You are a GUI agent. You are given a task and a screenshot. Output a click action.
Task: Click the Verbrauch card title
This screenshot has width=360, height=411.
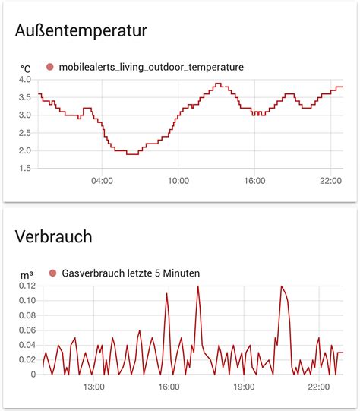(53, 236)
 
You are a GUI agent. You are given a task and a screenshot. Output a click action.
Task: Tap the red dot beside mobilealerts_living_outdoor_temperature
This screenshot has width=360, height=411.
(50, 67)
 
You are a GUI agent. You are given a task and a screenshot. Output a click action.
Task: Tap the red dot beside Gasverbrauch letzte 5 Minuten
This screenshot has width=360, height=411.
(52, 273)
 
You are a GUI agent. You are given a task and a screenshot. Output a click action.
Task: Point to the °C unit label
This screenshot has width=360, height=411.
(25, 68)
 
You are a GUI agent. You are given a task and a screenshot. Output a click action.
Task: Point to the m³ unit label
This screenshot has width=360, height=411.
(25, 274)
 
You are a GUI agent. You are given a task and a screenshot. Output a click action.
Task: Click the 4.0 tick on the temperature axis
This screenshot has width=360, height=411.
(24, 80)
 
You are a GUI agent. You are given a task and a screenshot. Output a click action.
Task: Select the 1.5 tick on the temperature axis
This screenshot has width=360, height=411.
(24, 168)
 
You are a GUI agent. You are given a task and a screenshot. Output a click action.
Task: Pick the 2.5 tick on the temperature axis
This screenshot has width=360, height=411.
(24, 133)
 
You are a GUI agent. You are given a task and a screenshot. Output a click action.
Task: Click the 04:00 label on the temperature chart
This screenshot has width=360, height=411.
(102, 181)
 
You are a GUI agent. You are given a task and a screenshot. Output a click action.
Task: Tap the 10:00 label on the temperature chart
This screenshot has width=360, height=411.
(178, 181)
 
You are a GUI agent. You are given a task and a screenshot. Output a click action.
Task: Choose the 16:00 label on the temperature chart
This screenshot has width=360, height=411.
(254, 181)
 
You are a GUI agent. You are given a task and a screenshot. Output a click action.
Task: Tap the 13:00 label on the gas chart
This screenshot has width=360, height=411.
(93, 387)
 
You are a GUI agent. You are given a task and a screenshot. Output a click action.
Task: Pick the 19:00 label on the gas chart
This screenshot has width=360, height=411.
(244, 387)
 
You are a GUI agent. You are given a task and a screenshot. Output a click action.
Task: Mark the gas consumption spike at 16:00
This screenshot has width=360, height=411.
(167, 293)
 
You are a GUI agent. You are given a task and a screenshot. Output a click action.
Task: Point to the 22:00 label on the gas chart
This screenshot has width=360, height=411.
(319, 387)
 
